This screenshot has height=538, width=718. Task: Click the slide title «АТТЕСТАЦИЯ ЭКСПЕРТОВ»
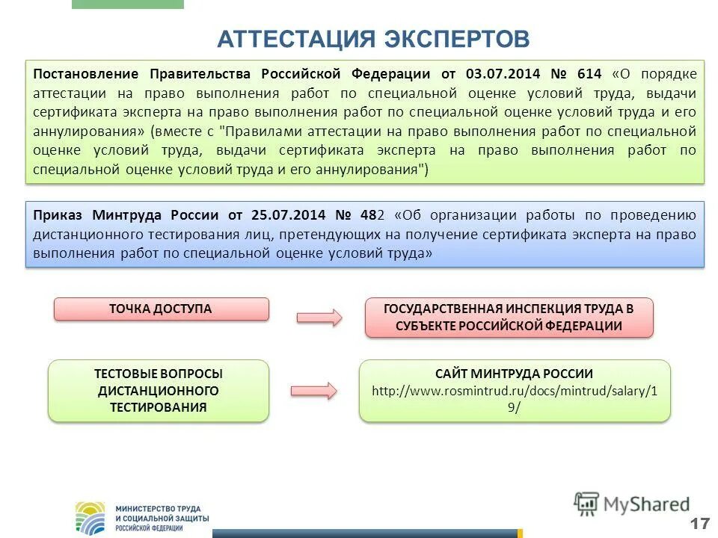click(x=373, y=39)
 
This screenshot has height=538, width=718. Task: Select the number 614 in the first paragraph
click(x=589, y=74)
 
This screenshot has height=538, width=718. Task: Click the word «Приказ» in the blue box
click(x=58, y=215)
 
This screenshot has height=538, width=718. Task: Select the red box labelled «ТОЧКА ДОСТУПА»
click(x=161, y=309)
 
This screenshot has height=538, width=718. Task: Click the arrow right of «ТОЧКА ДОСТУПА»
click(x=319, y=317)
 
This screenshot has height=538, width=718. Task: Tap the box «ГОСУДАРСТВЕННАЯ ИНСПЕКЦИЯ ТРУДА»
click(x=509, y=318)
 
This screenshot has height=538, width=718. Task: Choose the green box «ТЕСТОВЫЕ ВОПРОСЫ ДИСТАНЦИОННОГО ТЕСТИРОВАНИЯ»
click(x=159, y=390)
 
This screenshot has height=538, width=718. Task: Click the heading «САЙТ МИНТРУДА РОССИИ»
click(x=515, y=374)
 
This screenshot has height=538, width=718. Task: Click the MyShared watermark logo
click(x=632, y=504)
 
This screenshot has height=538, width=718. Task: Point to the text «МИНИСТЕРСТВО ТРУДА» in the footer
click(x=158, y=508)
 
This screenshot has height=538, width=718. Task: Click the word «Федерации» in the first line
click(x=387, y=74)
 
